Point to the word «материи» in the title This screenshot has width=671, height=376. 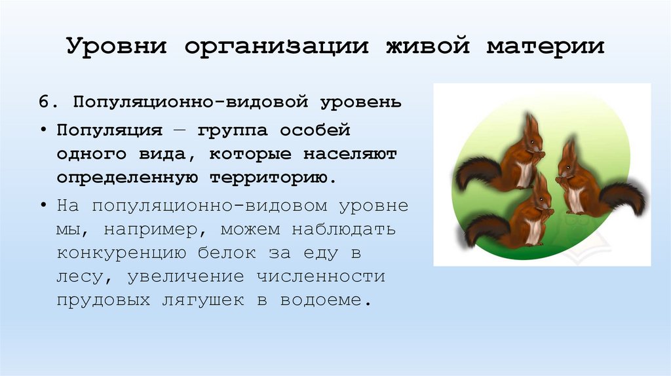[545, 48]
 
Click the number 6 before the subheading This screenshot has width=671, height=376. [43, 103]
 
